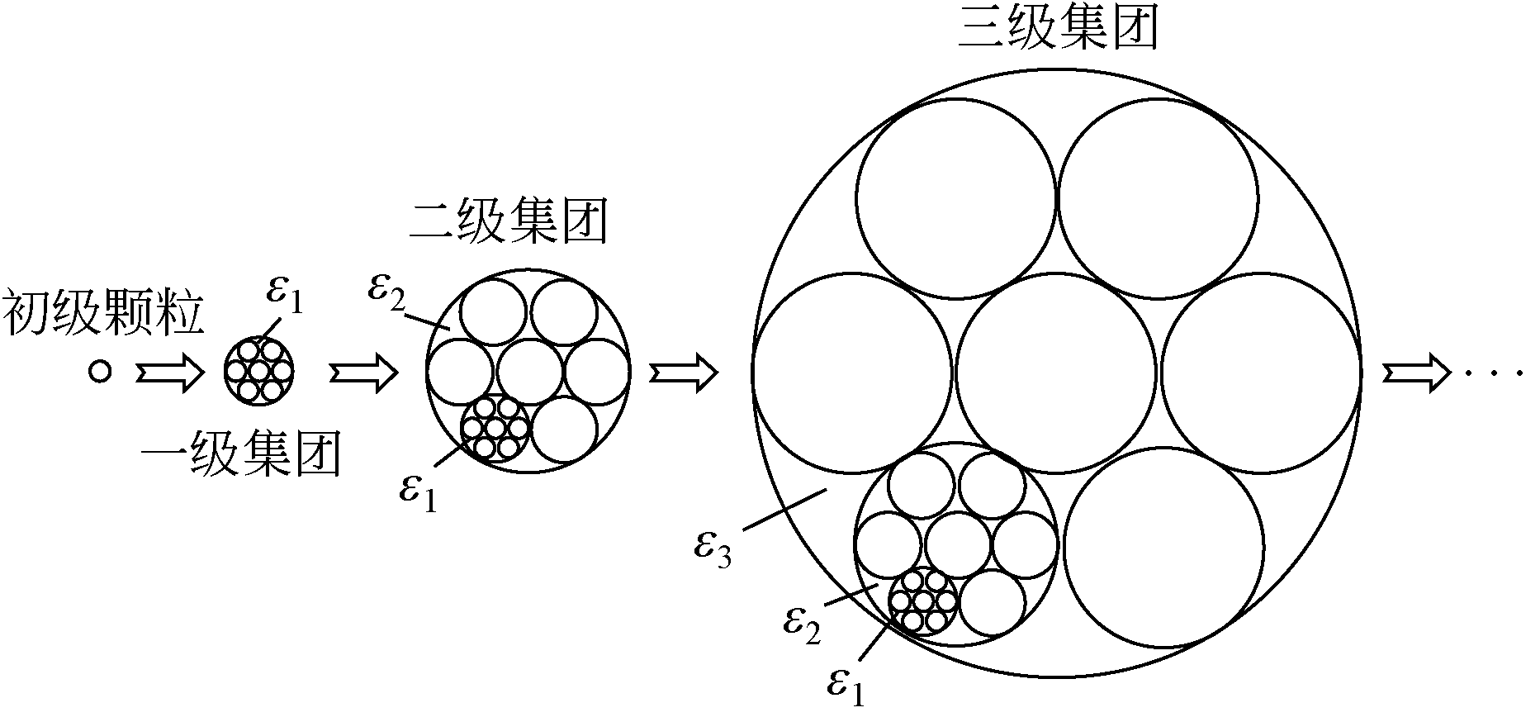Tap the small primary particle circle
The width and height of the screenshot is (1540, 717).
click(x=100, y=373)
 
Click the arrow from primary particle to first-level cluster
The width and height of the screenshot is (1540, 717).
click(x=168, y=373)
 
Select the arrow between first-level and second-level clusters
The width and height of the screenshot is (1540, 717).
click(x=362, y=373)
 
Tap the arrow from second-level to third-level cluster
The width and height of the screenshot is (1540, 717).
click(x=683, y=373)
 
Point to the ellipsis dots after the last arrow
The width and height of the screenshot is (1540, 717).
click(x=1495, y=374)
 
